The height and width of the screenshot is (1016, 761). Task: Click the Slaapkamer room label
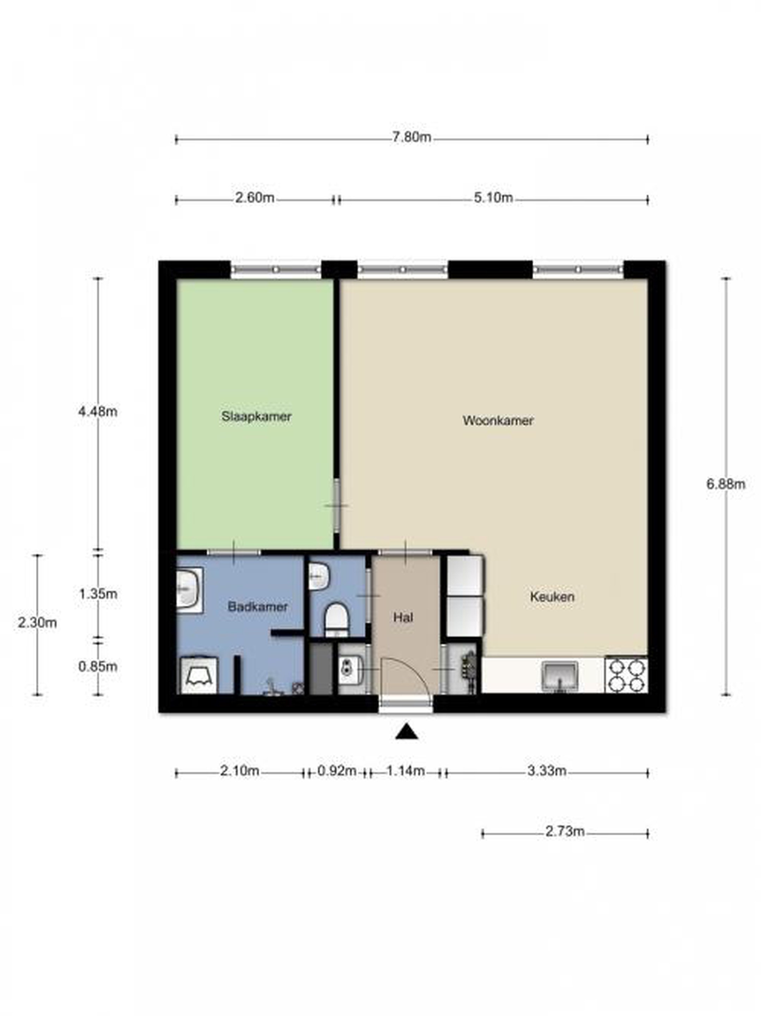click(256, 417)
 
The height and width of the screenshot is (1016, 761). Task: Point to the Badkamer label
click(258, 607)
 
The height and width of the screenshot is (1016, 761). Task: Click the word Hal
click(403, 618)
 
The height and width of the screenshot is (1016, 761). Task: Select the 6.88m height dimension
click(726, 484)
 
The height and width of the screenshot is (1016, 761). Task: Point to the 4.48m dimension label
click(98, 412)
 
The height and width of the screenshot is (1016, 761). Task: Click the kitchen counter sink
click(560, 676)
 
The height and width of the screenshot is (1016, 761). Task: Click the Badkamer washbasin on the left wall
click(189, 590)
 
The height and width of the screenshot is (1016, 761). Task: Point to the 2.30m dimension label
click(38, 623)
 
